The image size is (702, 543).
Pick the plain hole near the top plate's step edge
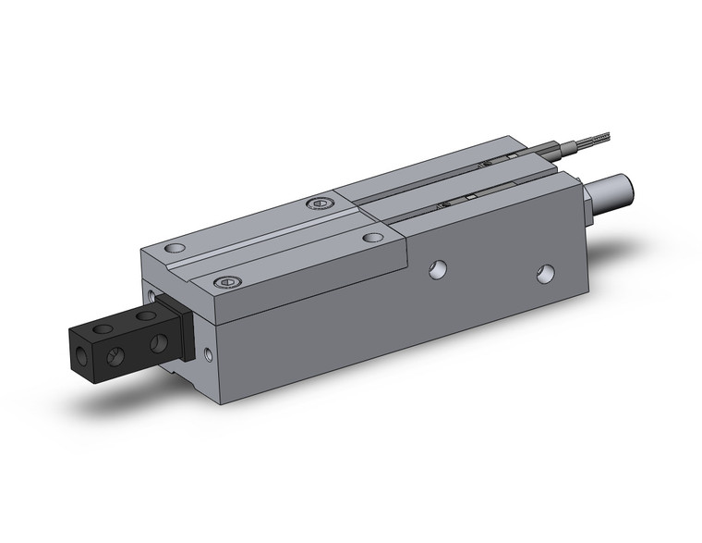372,237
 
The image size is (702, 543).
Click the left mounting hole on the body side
437,269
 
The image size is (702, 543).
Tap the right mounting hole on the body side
546,273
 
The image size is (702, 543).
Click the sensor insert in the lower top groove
452,202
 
